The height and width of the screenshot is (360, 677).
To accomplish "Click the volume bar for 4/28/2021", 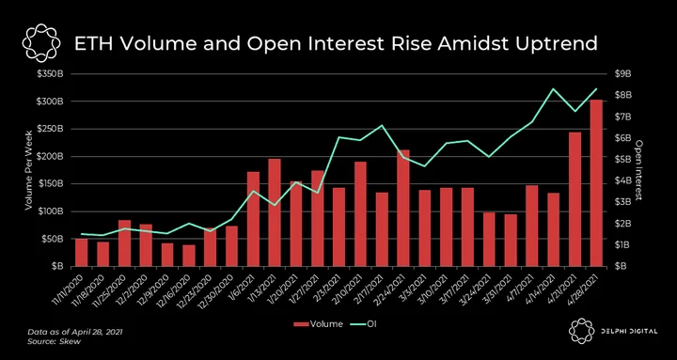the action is coord(596,183).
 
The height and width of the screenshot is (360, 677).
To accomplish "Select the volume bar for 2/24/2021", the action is coord(403,208).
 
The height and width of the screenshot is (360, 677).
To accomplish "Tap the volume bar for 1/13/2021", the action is coord(275,212).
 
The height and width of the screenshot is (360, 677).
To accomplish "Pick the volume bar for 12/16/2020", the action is coord(189,256).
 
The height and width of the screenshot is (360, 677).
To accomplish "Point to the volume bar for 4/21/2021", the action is coord(575,199).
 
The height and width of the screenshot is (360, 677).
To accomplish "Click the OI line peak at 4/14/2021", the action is coord(554,89).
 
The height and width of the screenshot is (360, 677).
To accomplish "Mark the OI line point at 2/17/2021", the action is coord(382,125).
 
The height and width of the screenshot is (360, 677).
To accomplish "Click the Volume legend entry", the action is coord(318,323).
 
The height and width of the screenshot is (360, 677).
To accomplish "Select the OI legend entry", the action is coord(364,323).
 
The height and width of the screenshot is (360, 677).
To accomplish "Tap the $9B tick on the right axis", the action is coord(623,74).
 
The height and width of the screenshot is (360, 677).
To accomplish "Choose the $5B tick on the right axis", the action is coord(623,159).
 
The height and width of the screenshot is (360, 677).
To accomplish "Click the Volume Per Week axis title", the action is coord(29,170).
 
